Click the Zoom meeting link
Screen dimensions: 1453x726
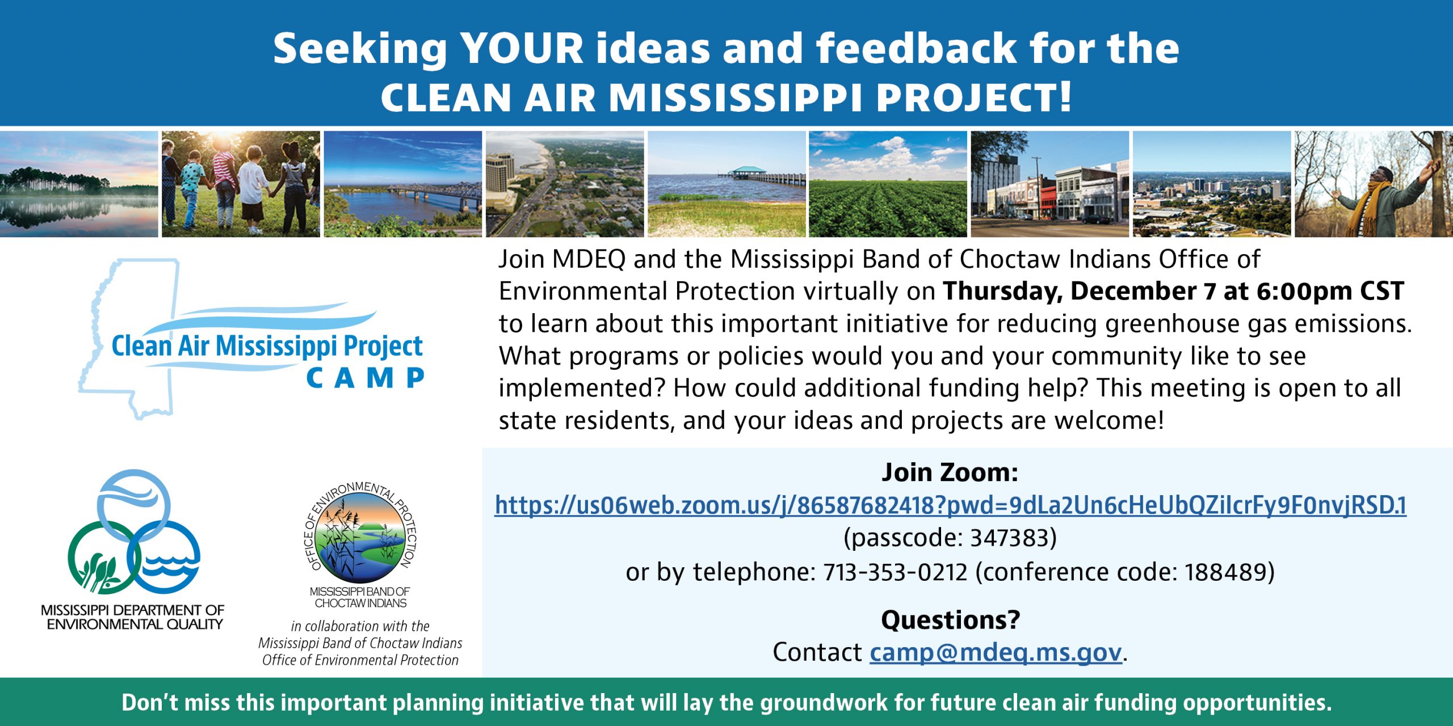point(951,505)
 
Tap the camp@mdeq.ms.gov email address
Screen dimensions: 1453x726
point(996,652)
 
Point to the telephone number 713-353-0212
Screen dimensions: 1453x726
point(895,572)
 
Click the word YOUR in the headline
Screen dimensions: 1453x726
point(522,48)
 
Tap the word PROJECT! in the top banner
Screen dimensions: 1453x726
point(974,97)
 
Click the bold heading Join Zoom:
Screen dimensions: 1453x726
point(950,472)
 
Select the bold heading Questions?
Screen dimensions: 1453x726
point(951,619)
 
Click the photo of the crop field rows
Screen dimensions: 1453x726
point(888,184)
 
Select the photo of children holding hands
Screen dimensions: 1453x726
point(241,184)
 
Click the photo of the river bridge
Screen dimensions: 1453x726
point(402,184)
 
